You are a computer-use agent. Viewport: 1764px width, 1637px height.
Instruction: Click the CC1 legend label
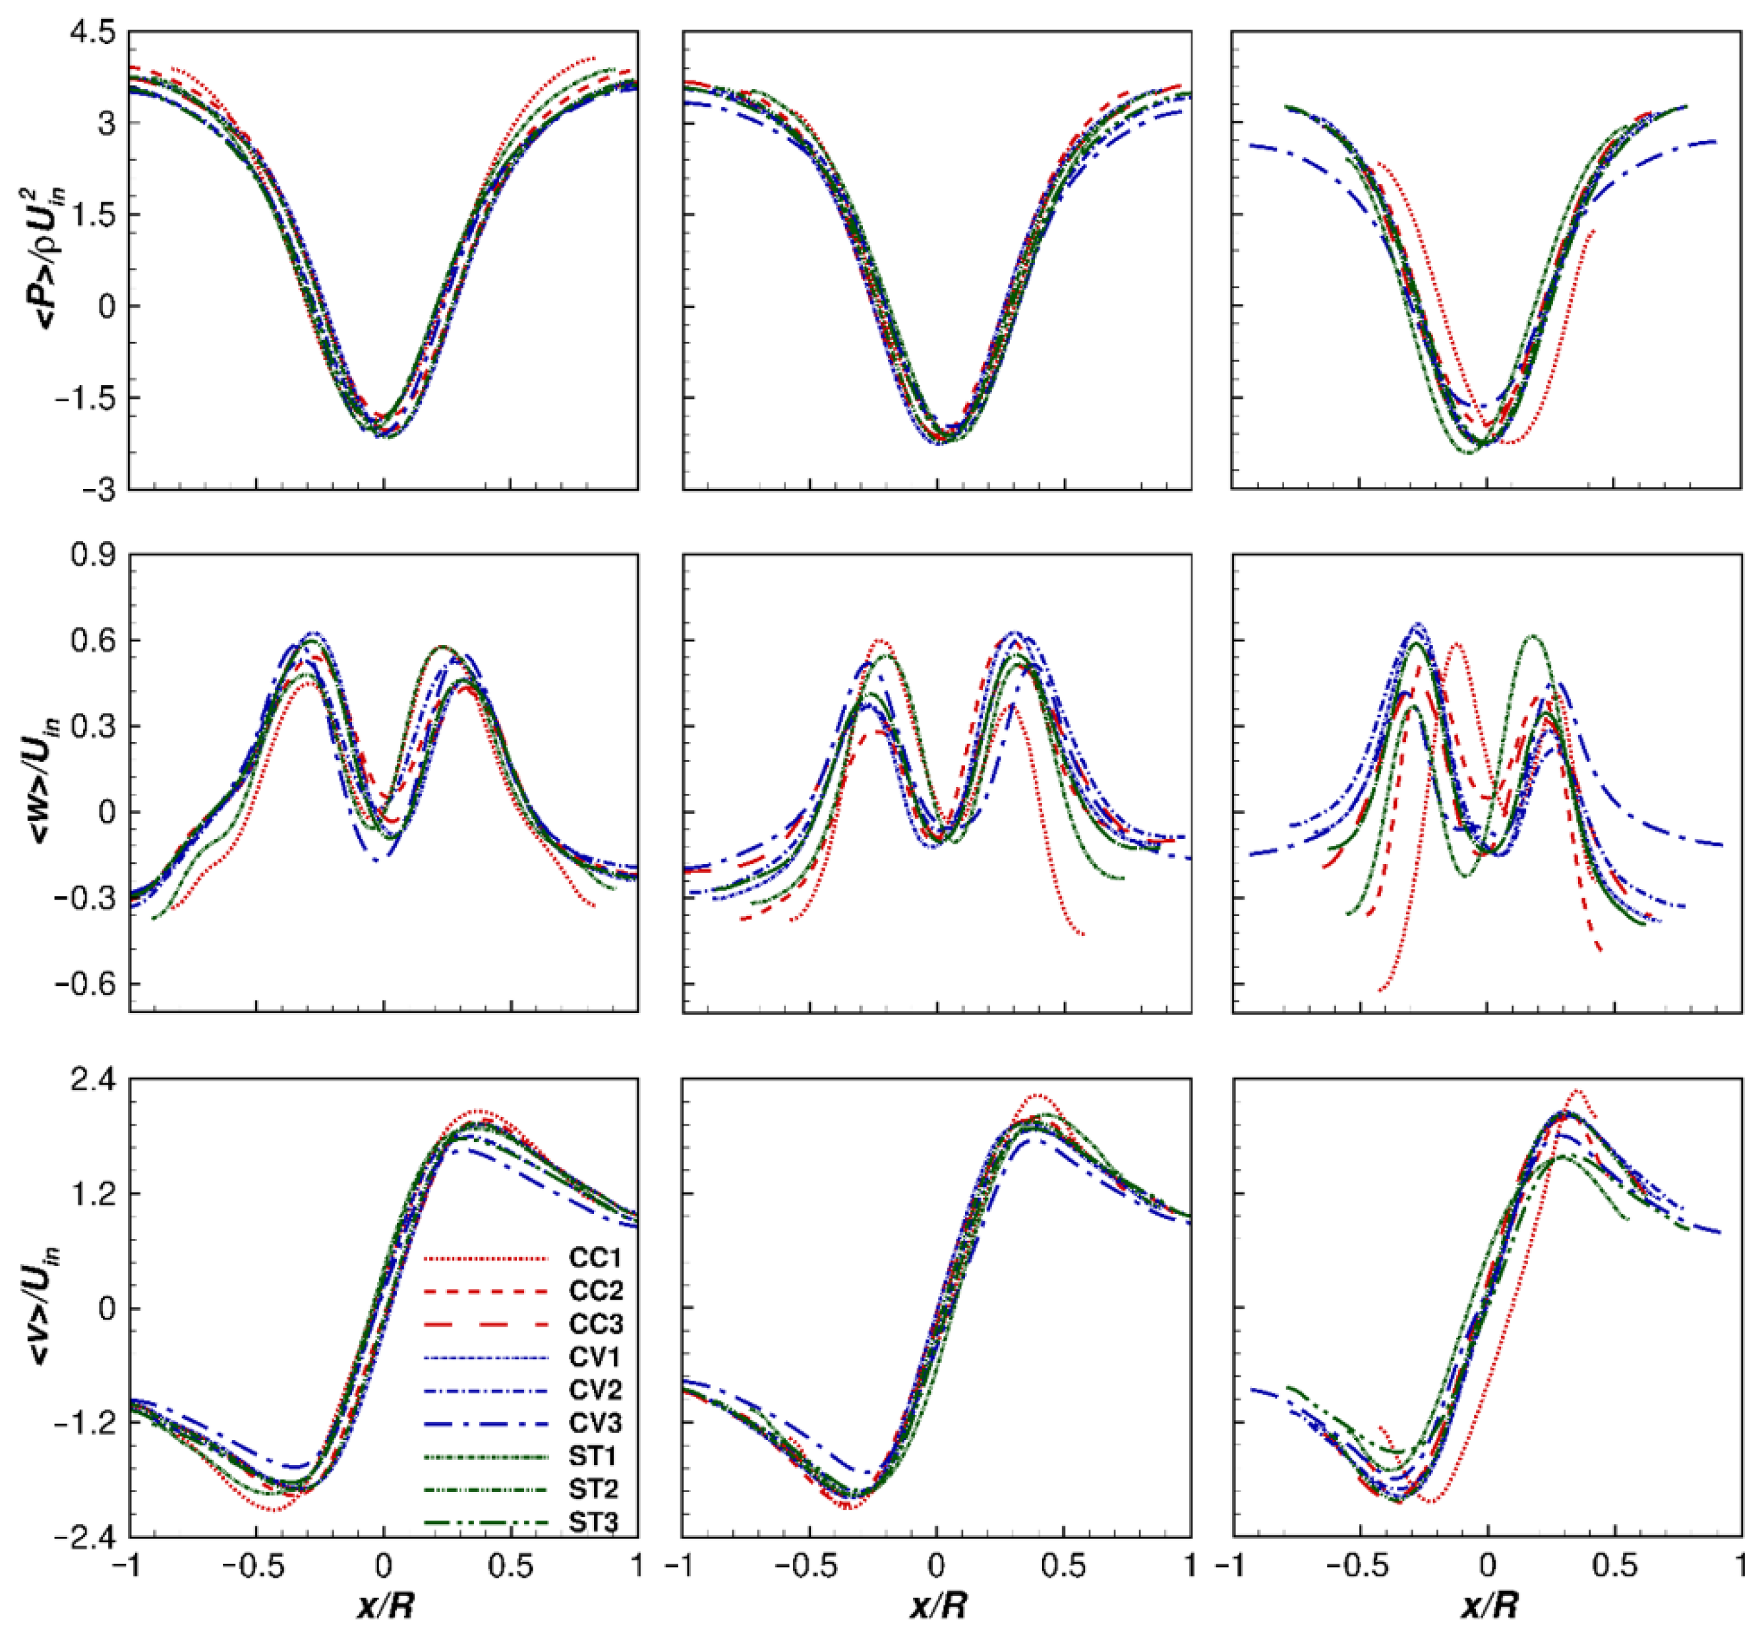[x=595, y=1258]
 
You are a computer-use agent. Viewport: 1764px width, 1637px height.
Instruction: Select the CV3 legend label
[x=595, y=1423]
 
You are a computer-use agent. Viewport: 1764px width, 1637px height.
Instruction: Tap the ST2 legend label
[x=595, y=1489]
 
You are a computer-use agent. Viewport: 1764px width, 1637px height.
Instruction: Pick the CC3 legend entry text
[x=595, y=1325]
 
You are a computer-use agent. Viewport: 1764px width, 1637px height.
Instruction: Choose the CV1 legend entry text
[x=595, y=1357]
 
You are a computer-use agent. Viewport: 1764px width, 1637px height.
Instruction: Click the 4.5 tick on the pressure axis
[x=95, y=33]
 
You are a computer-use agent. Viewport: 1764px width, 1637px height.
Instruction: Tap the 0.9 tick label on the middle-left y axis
[x=95, y=556]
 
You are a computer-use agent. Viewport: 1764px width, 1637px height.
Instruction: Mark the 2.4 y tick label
[x=95, y=1080]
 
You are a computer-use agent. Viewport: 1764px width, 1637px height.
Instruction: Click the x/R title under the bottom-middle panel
[x=937, y=1605]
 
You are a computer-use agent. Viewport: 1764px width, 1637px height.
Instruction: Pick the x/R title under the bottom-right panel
[x=1488, y=1605]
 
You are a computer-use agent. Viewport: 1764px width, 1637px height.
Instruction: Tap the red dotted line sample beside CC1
[x=486, y=1258]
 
